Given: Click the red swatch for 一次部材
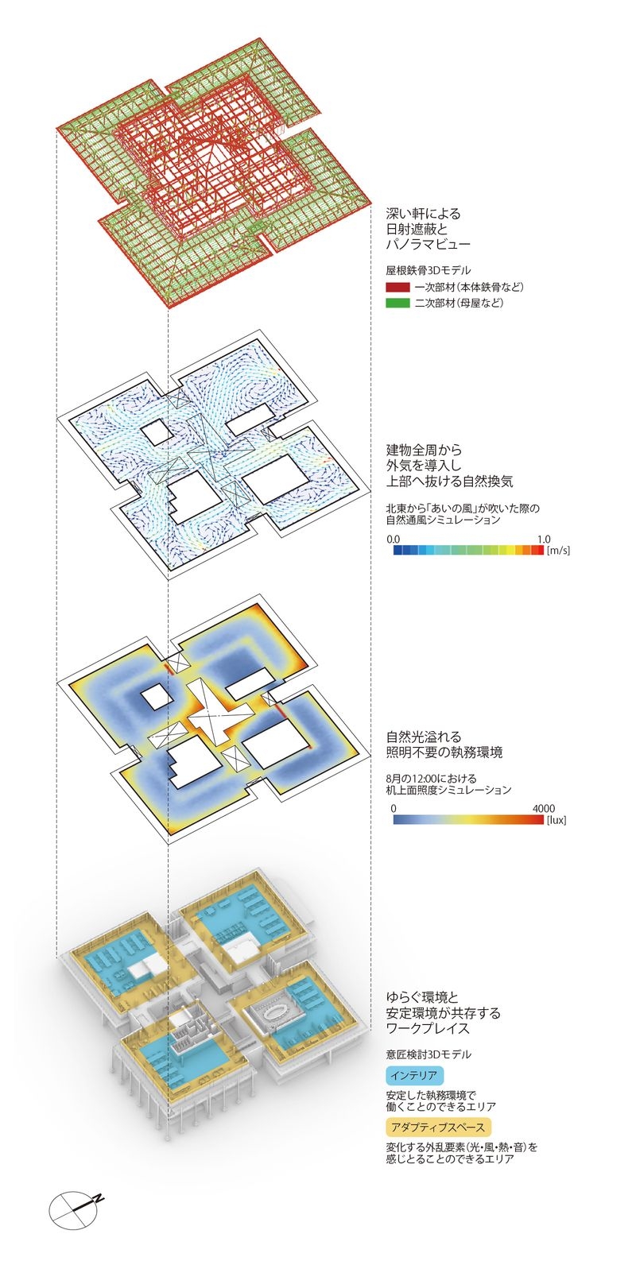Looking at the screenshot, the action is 397,287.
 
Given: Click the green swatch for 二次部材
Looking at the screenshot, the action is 397,303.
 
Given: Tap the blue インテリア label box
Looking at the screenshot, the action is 413,1076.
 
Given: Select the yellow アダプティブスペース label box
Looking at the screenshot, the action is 436,1126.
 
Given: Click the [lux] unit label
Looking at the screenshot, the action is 556,819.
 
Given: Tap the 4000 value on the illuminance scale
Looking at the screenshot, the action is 543,807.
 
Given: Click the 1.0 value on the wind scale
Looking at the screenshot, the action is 543,539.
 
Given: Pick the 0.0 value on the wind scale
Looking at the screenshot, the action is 394,539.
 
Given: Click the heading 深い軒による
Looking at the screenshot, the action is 423,214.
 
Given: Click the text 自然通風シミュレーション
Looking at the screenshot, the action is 443,520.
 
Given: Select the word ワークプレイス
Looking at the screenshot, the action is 428,1028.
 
